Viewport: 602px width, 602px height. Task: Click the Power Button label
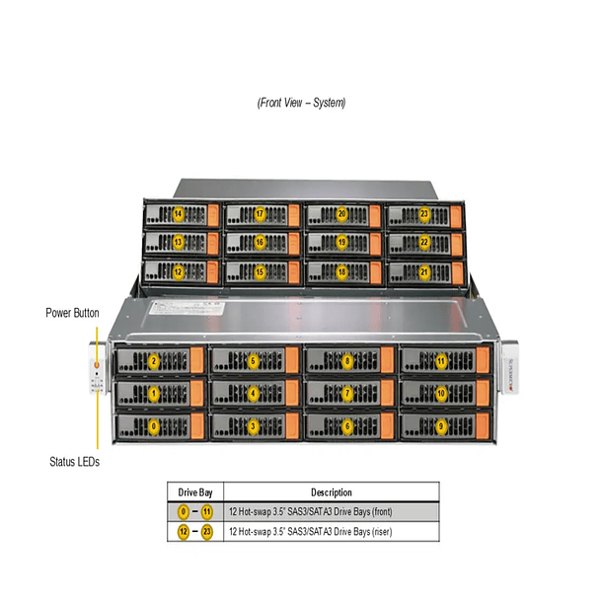click(72, 313)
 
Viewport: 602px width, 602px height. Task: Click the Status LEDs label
click(74, 461)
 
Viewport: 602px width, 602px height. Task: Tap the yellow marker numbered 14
click(178, 214)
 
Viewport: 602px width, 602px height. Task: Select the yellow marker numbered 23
click(424, 214)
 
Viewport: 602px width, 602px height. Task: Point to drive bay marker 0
click(153, 426)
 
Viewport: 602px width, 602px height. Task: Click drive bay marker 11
click(441, 361)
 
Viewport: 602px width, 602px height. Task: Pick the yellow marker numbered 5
click(254, 361)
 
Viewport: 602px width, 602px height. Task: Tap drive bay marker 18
click(342, 271)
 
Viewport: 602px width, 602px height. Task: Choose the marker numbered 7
click(346, 394)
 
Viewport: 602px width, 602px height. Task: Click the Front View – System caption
click(301, 103)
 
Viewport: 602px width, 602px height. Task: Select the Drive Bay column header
click(194, 492)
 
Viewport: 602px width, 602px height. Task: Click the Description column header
click(331, 492)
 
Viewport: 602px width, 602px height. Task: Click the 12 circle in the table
click(183, 532)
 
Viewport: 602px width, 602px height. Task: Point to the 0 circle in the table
click(183, 512)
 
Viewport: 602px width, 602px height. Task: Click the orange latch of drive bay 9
click(483, 426)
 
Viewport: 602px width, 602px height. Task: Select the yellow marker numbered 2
click(153, 361)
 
